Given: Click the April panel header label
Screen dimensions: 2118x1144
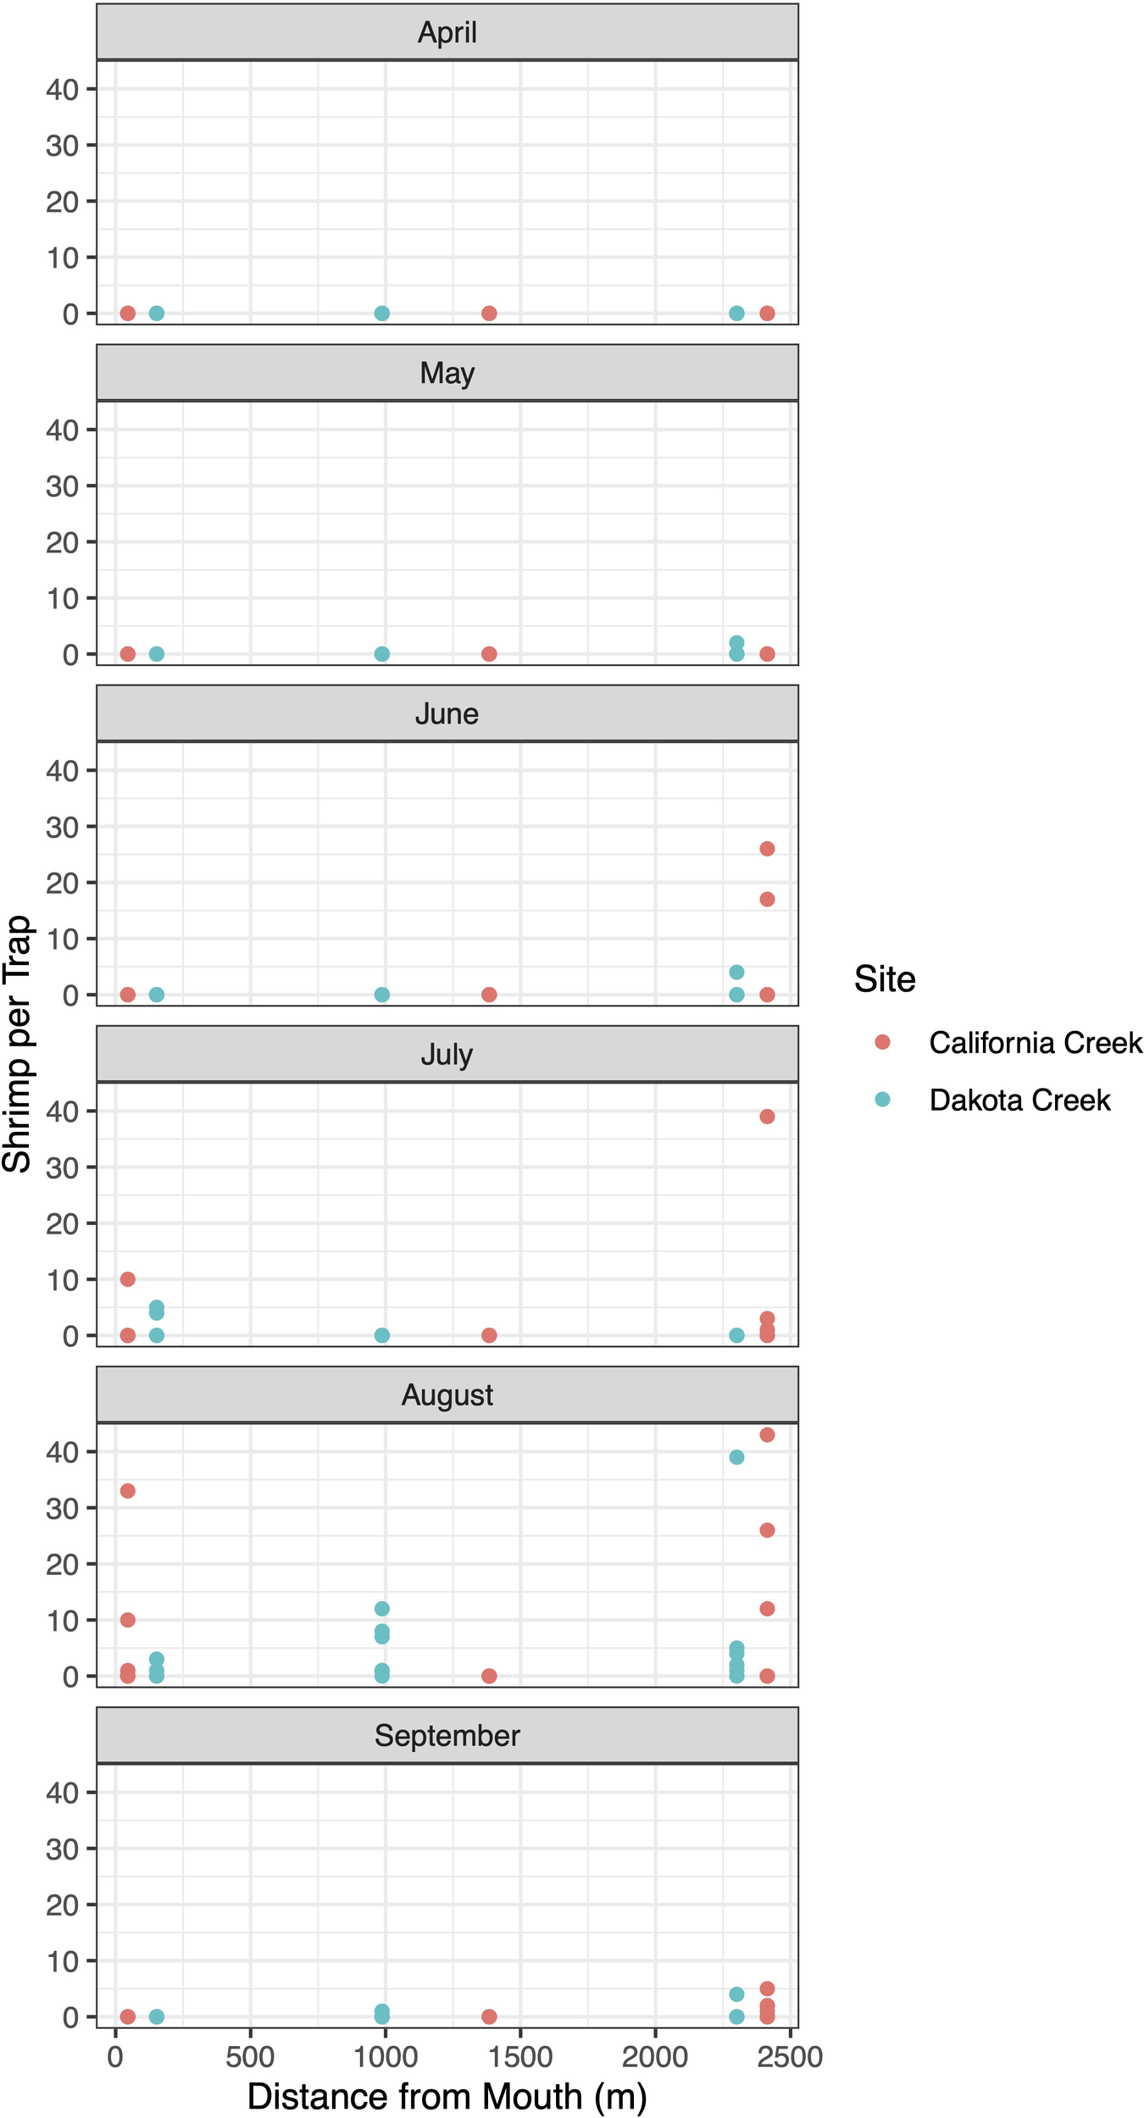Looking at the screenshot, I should coord(447,32).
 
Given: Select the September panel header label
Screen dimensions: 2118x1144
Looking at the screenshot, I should coord(447,1735).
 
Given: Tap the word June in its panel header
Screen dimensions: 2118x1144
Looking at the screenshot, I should coord(447,713).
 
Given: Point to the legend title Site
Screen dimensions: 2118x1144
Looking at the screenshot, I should coord(884,979).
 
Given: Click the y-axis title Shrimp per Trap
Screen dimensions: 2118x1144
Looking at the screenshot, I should coord(17,1044).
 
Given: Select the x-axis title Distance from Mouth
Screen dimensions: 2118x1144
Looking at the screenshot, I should coord(447,2096).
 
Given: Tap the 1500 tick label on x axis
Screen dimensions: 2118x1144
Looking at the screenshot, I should coord(520,2057).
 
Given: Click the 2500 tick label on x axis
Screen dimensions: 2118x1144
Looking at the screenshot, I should coord(789,2057).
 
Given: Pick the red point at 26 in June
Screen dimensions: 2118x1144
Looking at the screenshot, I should coord(767,849).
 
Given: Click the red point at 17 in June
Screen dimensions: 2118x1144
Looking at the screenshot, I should coord(767,899).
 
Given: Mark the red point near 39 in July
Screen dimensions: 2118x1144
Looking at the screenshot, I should coord(767,1117).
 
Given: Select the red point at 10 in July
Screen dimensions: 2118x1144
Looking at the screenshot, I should coord(127,1279).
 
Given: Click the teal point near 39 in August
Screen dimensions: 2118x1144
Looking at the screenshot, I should coord(736,1457).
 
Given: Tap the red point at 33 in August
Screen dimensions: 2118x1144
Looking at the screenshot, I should coord(127,1490).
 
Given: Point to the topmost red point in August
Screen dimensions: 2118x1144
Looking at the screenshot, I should coord(767,1434).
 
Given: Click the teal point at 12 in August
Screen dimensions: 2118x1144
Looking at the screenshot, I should coord(382,1608).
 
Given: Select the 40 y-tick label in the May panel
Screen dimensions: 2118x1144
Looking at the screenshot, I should coord(62,430).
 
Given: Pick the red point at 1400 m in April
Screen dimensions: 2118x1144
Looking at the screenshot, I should coord(489,313).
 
